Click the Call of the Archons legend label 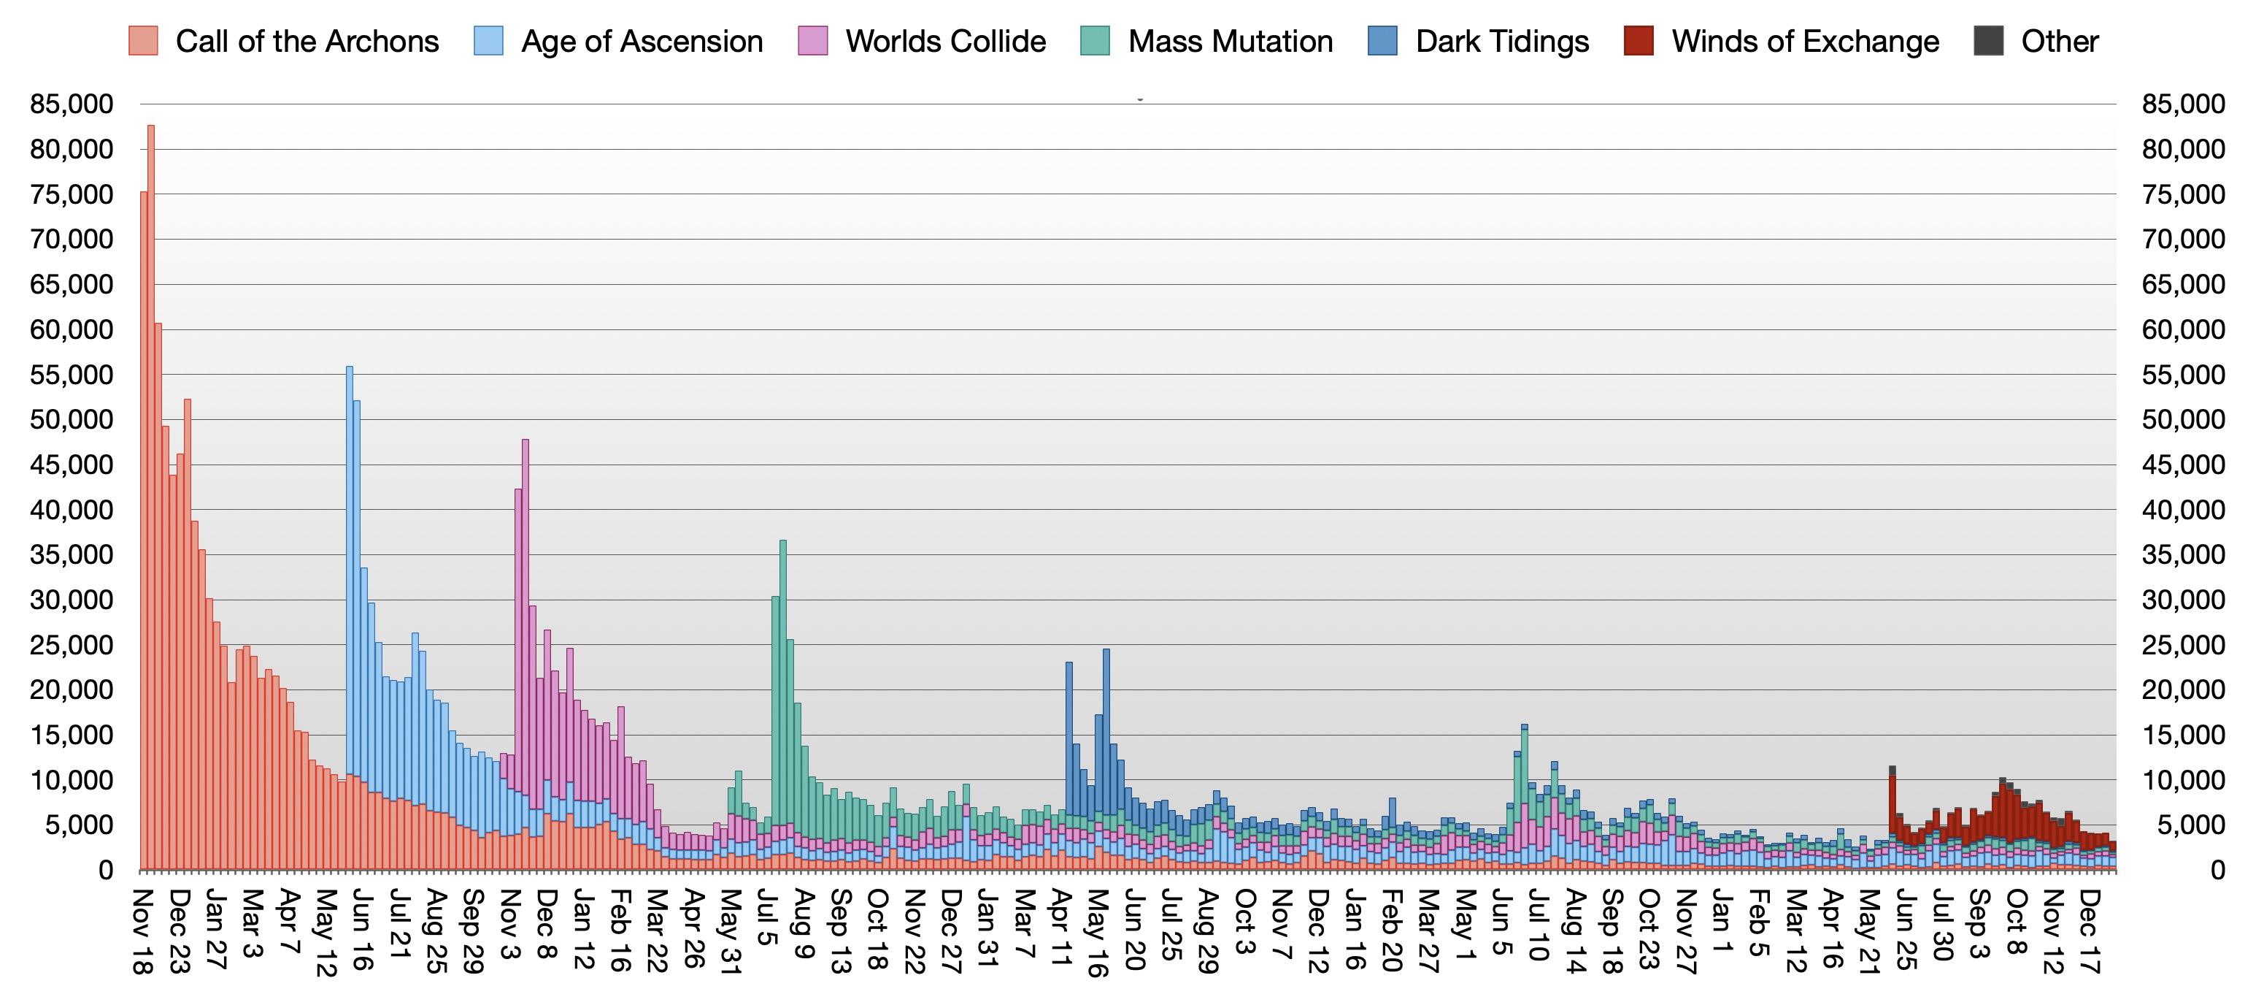(x=307, y=42)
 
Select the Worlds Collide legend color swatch (x=813, y=42)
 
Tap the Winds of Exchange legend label (x=1805, y=42)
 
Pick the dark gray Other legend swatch (x=1988, y=42)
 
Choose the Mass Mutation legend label (x=1231, y=42)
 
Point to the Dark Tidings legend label (x=1502, y=42)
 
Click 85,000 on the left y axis (x=72, y=104)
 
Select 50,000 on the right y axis (x=2183, y=419)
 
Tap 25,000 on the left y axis (x=72, y=644)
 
